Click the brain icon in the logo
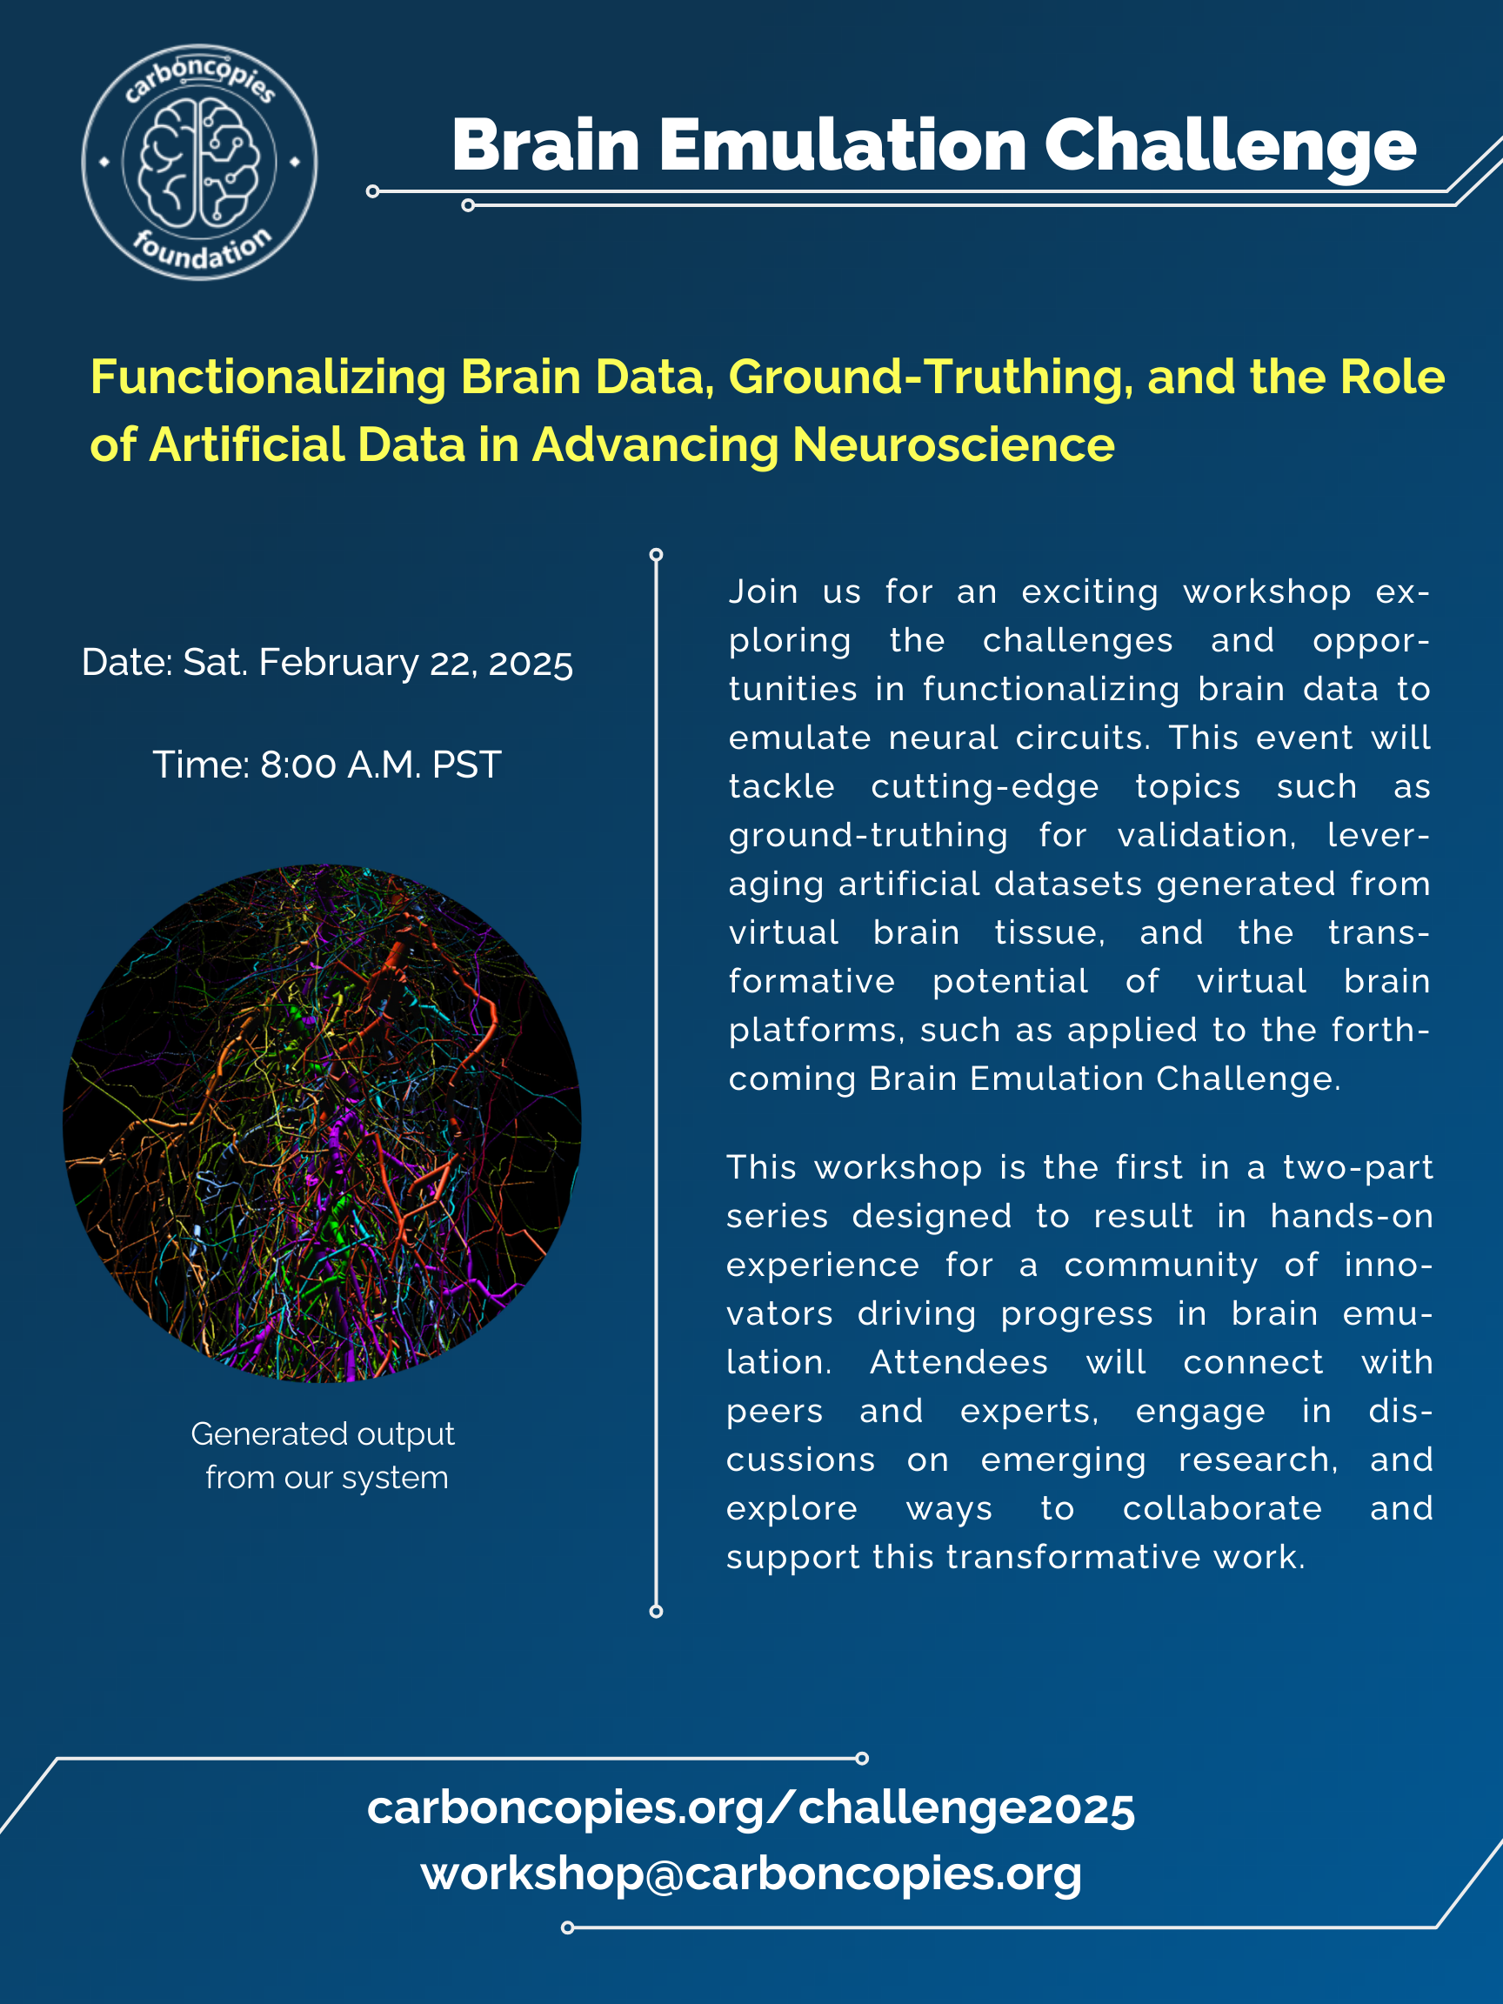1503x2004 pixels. (x=198, y=163)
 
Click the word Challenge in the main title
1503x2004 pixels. (x=1230, y=146)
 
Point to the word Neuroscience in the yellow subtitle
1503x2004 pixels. (x=953, y=444)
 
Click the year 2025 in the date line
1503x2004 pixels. (x=531, y=664)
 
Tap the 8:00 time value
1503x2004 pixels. (x=298, y=765)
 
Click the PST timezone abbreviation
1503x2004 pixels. (x=466, y=765)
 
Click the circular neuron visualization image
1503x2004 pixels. (x=322, y=1124)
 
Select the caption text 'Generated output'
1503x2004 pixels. (x=323, y=1434)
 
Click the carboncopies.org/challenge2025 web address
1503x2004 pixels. (x=751, y=1808)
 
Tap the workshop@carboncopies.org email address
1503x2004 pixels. (x=751, y=1874)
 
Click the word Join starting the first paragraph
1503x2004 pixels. (x=764, y=592)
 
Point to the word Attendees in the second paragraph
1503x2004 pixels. (x=959, y=1363)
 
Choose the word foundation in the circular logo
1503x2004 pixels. (x=201, y=250)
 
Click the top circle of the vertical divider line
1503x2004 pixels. (x=656, y=554)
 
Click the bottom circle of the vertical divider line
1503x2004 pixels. (x=656, y=1611)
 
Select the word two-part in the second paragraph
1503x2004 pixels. (x=1358, y=1169)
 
